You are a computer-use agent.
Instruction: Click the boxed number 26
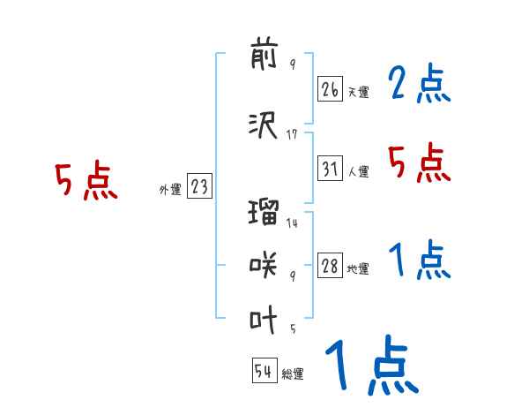(330, 88)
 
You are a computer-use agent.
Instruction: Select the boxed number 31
(330, 168)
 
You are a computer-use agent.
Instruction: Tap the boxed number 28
(330, 266)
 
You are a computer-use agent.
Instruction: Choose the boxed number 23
(199, 186)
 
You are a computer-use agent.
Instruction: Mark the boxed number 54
(264, 372)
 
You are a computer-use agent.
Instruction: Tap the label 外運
(169, 190)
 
